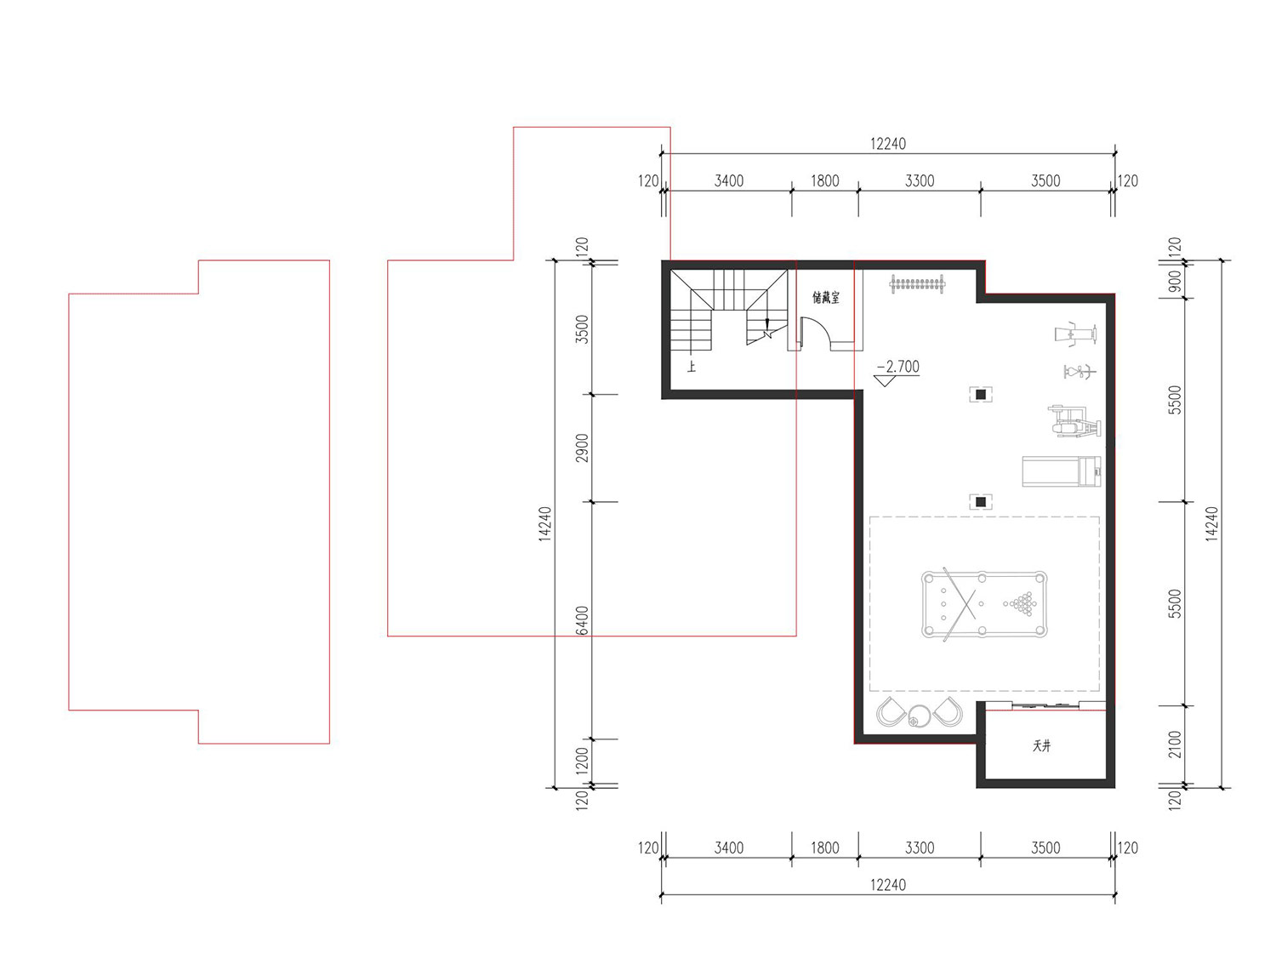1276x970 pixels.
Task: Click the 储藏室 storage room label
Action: (825, 298)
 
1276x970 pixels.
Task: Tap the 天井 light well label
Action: (1042, 745)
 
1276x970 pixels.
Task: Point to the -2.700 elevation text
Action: (898, 366)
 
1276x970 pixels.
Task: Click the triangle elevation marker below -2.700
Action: (885, 381)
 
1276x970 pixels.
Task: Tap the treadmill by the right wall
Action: (1062, 471)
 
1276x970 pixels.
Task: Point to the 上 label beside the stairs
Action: (691, 366)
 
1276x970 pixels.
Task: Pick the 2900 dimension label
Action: (582, 448)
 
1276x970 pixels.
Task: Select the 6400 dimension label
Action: (582, 620)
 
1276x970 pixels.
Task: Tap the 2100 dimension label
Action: (1174, 745)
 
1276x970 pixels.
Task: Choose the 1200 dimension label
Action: (582, 758)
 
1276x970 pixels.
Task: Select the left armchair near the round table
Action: (890, 711)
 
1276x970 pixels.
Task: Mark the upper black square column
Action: (981, 394)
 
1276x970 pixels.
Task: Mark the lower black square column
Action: (981, 501)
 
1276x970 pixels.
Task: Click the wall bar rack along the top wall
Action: (917, 284)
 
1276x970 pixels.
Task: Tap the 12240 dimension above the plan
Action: (888, 144)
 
